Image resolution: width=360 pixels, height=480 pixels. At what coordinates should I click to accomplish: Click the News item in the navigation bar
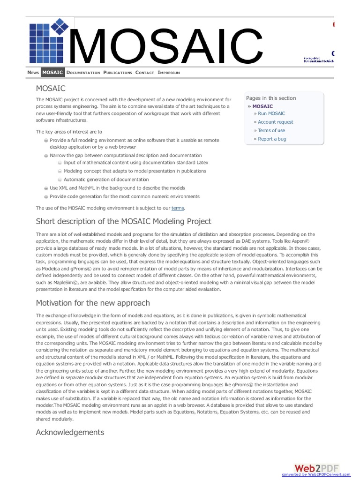(x=33, y=73)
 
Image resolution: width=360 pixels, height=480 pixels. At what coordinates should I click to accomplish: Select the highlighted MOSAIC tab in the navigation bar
(x=52, y=73)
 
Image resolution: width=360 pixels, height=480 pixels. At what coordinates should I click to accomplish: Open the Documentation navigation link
(x=83, y=73)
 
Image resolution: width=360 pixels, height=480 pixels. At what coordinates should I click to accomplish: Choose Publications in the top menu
(x=118, y=73)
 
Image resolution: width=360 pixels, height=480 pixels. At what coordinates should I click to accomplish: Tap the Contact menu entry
(x=144, y=73)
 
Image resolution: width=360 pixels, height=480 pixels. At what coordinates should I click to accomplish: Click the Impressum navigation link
(x=169, y=73)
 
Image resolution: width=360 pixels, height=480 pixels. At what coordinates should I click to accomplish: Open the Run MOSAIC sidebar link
(x=271, y=113)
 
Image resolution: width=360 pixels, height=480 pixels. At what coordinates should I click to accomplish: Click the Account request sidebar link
(x=276, y=122)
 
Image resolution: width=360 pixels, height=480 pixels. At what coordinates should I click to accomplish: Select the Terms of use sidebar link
(x=271, y=130)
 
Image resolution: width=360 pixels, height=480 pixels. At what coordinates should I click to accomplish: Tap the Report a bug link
(x=272, y=139)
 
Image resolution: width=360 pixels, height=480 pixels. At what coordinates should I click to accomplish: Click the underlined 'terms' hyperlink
(x=178, y=208)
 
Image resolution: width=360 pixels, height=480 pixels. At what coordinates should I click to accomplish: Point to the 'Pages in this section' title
(x=271, y=98)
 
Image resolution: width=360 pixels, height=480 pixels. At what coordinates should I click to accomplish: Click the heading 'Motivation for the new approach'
(x=93, y=303)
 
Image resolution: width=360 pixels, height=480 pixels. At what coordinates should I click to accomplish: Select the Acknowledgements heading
(x=70, y=432)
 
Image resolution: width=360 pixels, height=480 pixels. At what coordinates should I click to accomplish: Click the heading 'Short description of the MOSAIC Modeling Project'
(x=124, y=221)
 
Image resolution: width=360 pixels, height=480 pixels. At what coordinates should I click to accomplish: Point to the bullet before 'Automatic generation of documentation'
(x=60, y=180)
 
